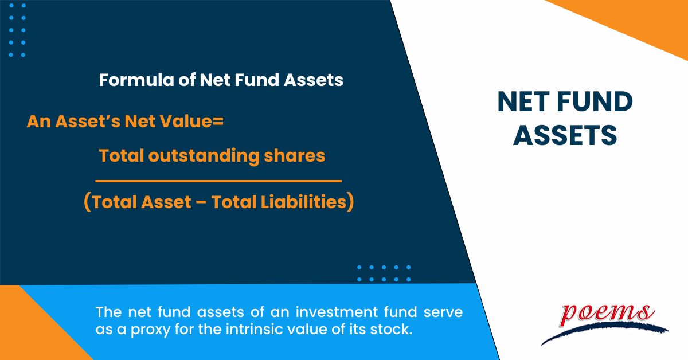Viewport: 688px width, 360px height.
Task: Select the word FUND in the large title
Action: pos(595,101)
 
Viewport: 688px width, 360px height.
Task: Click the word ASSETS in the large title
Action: pos(565,135)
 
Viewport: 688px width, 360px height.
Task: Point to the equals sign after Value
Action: pos(218,121)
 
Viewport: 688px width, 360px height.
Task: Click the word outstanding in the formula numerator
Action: pos(204,156)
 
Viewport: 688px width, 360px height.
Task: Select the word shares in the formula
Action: pos(294,156)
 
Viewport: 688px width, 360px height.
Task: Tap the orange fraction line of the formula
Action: pos(218,181)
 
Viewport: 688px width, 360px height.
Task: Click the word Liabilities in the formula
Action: pos(303,202)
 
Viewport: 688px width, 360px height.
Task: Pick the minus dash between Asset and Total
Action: pos(201,203)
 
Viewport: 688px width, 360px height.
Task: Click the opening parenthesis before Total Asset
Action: pos(87,202)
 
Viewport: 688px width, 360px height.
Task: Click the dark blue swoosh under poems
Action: pos(604,333)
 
